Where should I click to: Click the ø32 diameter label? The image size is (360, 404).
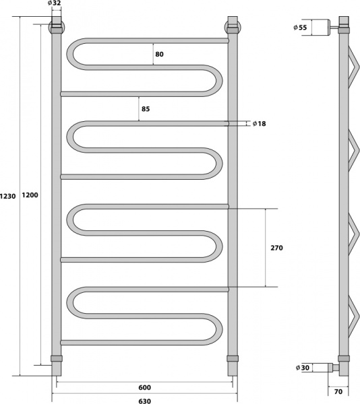click(55, 3)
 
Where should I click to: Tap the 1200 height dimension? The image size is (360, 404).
click(30, 196)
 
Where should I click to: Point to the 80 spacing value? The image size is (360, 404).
click(159, 53)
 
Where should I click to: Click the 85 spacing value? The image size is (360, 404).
click(146, 108)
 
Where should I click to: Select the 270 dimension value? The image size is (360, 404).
click(277, 248)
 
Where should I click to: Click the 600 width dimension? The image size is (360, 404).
click(144, 387)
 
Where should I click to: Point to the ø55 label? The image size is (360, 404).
click(300, 27)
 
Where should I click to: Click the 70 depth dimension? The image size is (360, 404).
click(340, 391)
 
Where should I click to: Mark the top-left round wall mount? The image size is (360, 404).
click(57, 28)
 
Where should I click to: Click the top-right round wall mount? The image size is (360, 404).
click(233, 28)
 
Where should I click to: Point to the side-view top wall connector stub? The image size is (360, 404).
click(332, 28)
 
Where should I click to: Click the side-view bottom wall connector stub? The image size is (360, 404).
click(332, 368)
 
